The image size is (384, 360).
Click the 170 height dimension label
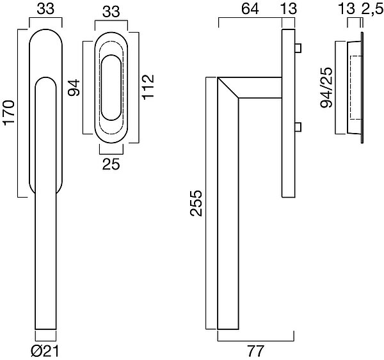[8, 113]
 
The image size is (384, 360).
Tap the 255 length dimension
[196, 203]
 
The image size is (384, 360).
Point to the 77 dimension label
[255, 351]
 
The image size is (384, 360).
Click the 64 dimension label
[250, 8]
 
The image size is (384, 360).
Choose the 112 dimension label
[148, 87]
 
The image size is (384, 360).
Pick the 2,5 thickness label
[372, 10]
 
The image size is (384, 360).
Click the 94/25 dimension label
[326, 88]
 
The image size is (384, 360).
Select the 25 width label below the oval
[111, 164]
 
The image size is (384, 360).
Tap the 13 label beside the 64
[289, 8]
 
